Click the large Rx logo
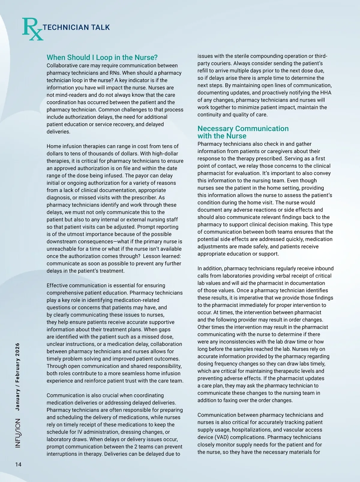[x=32, y=29]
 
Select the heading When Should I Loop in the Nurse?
[x=102, y=57]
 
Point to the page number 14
[x=18, y=464]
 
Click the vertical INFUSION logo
[x=18, y=433]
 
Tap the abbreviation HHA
[x=325, y=92]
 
